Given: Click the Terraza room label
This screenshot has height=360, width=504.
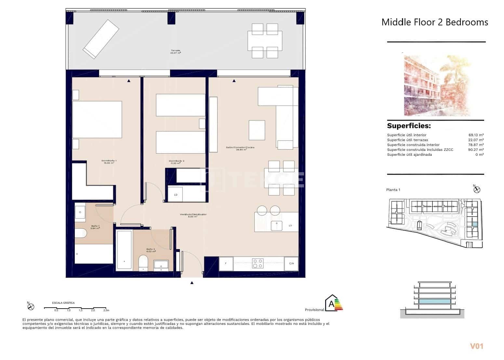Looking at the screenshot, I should point(176,51).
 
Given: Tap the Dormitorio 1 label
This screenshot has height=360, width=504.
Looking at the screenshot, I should point(109,162).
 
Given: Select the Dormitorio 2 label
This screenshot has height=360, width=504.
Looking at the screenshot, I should point(177,162).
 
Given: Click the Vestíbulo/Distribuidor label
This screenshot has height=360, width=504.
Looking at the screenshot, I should point(193,216).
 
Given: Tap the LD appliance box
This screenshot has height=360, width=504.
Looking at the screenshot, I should point(176,195).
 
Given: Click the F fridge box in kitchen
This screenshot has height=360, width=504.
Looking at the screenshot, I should point(226,263).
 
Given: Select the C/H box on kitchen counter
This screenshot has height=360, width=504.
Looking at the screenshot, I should point(291,263).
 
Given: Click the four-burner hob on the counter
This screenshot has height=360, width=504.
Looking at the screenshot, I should point(258,263).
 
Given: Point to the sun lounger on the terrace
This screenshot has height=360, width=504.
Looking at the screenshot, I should point(101,39).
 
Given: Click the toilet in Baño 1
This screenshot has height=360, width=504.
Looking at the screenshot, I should point(80,233).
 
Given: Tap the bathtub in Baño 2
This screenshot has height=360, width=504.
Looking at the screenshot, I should point(124,250).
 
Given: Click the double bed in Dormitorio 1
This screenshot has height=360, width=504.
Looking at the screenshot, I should point(97,119).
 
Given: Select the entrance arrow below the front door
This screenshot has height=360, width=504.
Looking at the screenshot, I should point(192,283).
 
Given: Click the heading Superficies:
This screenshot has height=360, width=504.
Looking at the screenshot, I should point(409,126).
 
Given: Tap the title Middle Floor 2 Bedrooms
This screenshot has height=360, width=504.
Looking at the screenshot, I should point(434,22).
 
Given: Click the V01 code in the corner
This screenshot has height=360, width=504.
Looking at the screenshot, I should point(477,346).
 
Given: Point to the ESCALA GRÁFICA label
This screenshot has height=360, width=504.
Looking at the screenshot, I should point(63,303).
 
